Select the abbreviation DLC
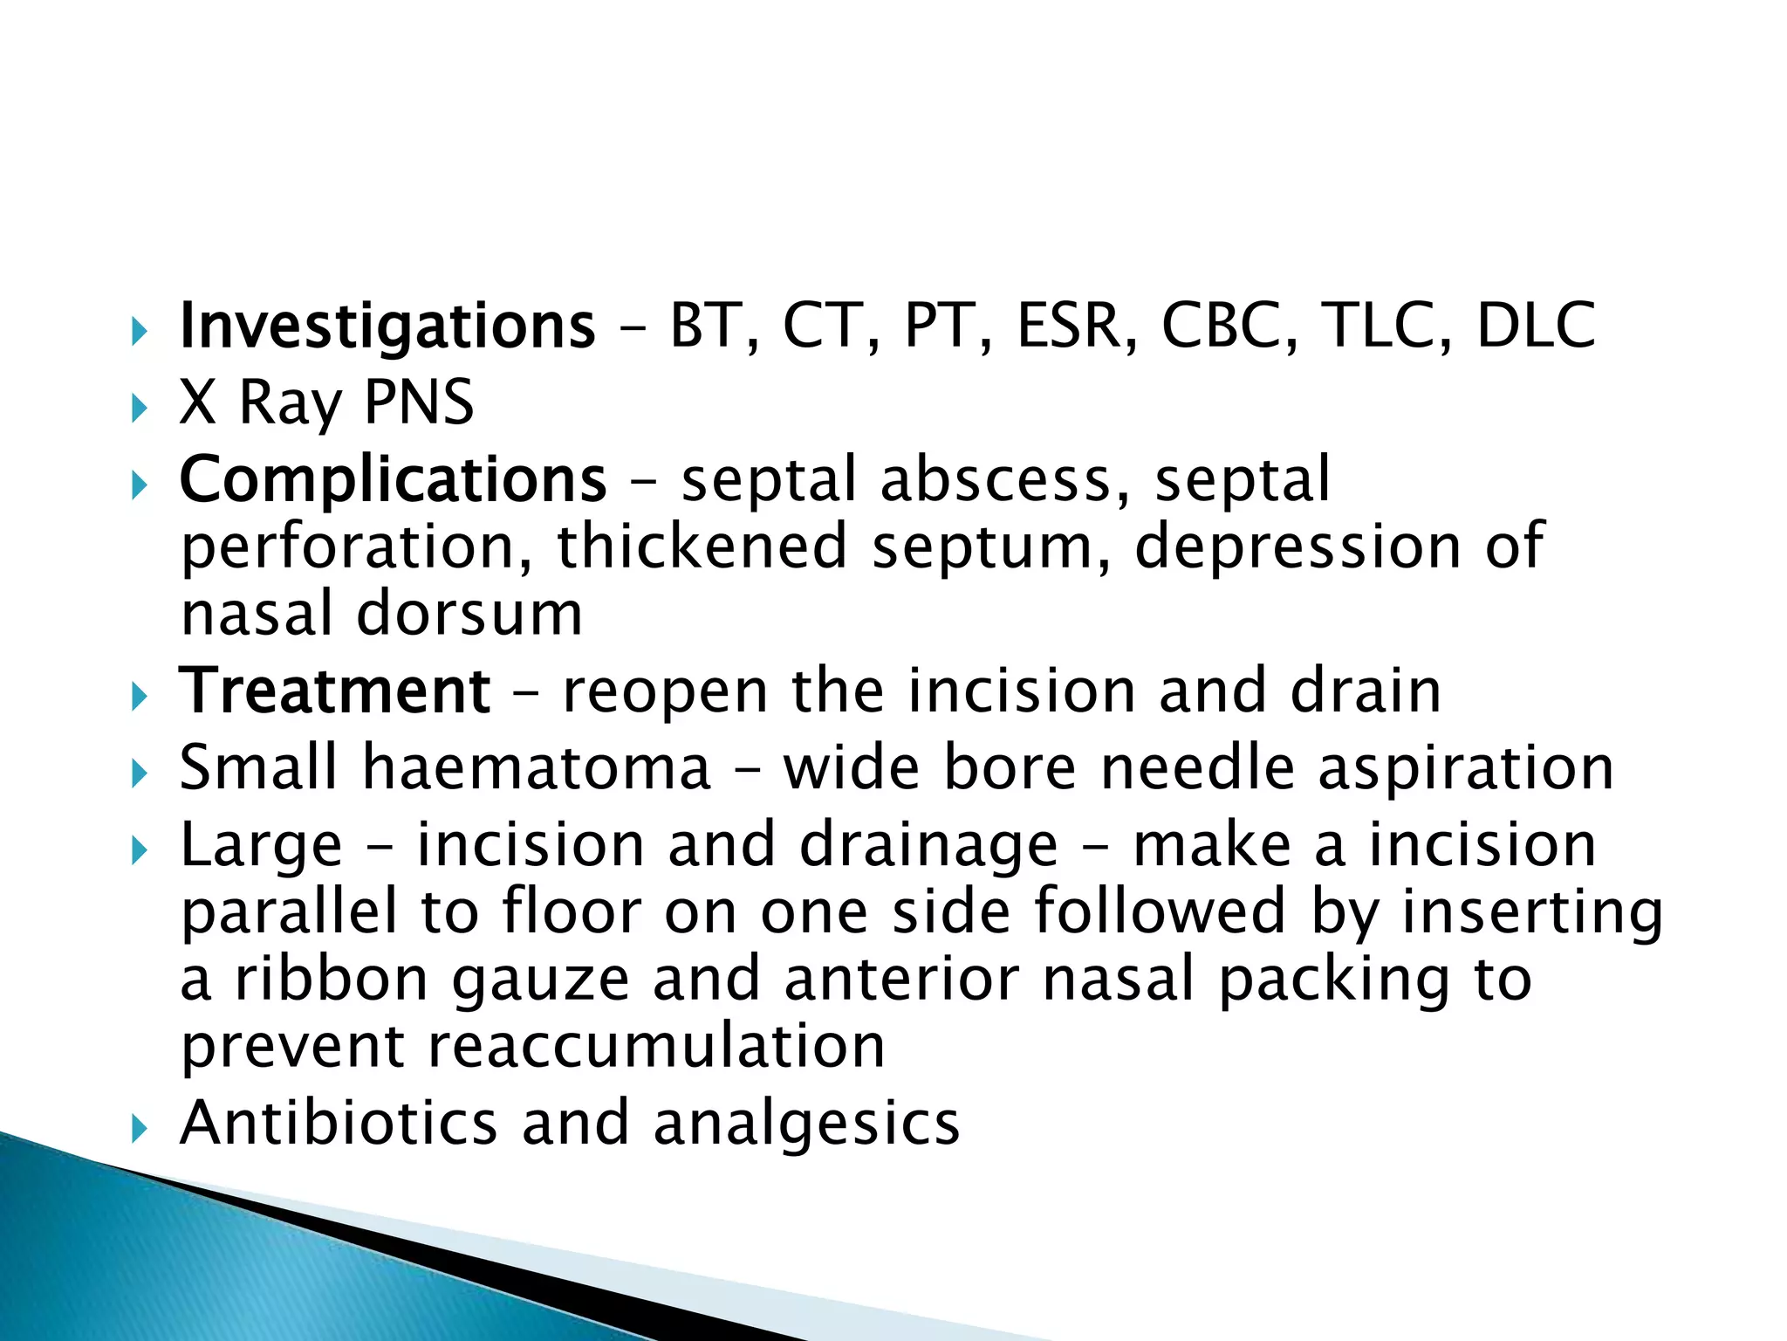click(1536, 326)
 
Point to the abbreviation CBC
click(1229, 326)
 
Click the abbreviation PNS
click(418, 402)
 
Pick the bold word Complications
click(393, 480)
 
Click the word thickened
click(702, 547)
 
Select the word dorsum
click(469, 614)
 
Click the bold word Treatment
click(335, 691)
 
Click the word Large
click(261, 846)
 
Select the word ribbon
click(332, 980)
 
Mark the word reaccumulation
click(656, 1046)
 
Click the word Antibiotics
click(339, 1123)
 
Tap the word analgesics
click(806, 1124)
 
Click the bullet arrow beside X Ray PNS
click(139, 407)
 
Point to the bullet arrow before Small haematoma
click(139, 773)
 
